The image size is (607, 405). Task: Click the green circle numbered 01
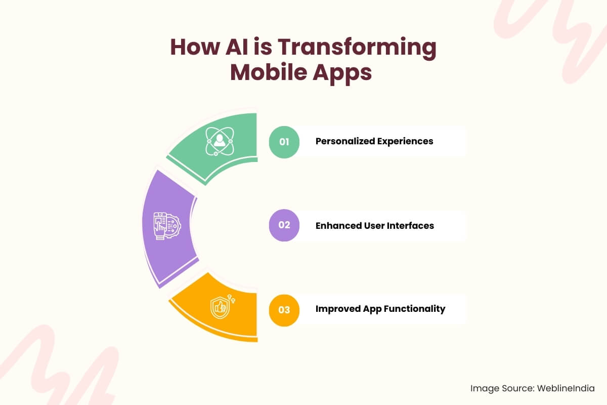tap(284, 142)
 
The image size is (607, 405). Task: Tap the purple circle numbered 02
tap(284, 225)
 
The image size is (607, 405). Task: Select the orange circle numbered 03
tap(284, 309)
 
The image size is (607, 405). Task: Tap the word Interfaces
tap(410, 225)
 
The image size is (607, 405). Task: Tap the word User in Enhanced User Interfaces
tap(373, 225)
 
